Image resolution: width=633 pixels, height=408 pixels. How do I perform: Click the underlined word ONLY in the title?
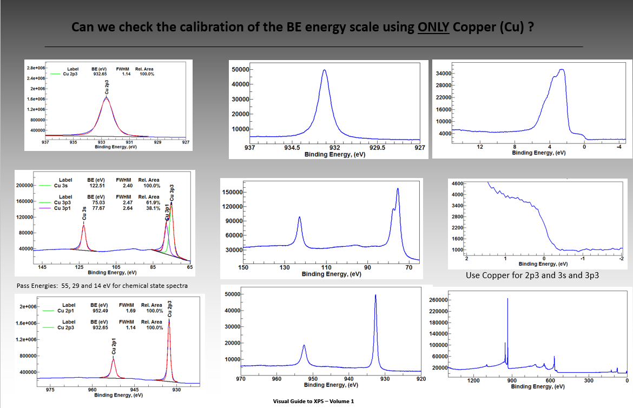434,28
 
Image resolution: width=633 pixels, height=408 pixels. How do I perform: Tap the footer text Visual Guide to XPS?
313,402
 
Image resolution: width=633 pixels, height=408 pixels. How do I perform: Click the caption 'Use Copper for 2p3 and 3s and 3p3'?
532,275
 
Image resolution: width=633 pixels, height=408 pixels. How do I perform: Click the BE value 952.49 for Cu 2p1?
99,311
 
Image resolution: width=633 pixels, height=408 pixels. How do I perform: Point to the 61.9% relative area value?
153,202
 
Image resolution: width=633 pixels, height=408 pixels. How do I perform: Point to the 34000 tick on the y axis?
444,74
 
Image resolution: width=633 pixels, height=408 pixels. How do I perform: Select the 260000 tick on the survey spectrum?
439,300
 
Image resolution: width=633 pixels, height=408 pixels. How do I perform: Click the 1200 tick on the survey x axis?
473,381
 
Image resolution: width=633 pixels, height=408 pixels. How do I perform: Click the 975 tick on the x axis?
50,390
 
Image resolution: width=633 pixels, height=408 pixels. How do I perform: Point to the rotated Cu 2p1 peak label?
114,346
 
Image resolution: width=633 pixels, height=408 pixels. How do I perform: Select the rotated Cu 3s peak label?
84,213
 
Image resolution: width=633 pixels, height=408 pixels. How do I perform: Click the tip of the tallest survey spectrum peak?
507,299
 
